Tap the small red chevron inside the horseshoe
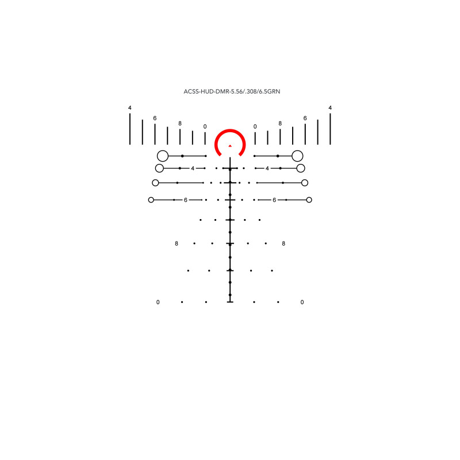[x=230, y=146]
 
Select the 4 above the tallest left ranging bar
[x=130, y=108]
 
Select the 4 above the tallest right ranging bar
[x=330, y=108]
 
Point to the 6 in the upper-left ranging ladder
[x=155, y=118]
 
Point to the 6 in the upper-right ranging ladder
[x=305, y=118]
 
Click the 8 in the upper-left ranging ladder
[x=180, y=124]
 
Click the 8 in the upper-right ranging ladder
[x=280, y=124]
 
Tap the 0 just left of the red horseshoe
[x=205, y=126]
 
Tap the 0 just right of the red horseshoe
[x=255, y=126]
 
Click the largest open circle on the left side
[x=163, y=156]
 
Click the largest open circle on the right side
[x=297, y=156]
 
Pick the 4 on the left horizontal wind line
[x=193, y=168]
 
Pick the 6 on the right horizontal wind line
[x=274, y=200]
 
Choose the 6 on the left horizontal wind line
[x=186, y=200]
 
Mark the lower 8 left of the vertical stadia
[x=177, y=244]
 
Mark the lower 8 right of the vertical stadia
[x=283, y=244]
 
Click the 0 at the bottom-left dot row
[x=158, y=302]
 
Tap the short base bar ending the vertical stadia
[x=230, y=301]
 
